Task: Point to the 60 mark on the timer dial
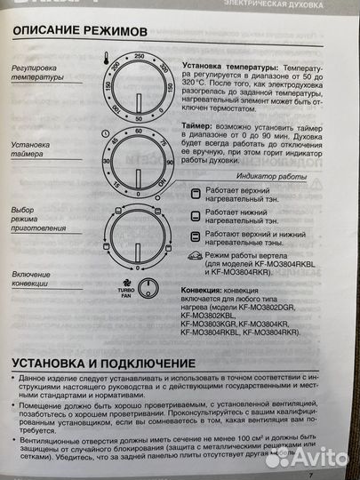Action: click(x=140, y=130)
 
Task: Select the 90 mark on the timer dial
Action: click(x=165, y=163)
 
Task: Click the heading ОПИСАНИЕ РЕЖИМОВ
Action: click(x=76, y=32)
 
